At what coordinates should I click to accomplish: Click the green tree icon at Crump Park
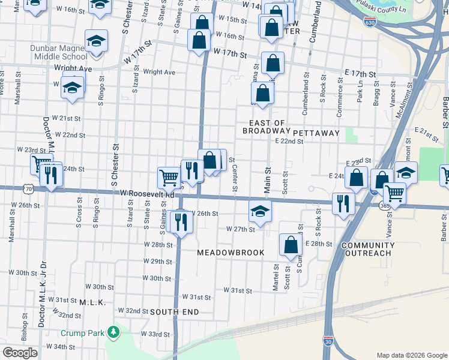pos(112,332)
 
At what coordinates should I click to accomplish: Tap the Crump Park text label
pos(82,333)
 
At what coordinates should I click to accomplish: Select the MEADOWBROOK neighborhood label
pos(231,253)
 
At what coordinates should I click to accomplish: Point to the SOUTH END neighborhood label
pos(173,312)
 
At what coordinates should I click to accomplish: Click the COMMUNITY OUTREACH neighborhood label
pos(368,250)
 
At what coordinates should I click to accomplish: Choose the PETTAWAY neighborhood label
pos(316,133)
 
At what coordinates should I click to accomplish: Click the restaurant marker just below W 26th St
pos(181,223)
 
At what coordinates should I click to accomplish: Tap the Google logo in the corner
pos(20,352)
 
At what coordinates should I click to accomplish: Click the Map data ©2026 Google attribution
pos(411,355)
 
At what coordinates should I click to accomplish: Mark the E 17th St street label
pos(360,73)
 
